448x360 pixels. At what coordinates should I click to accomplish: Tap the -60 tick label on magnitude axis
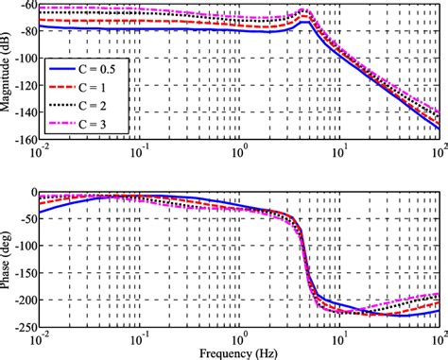25,6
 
